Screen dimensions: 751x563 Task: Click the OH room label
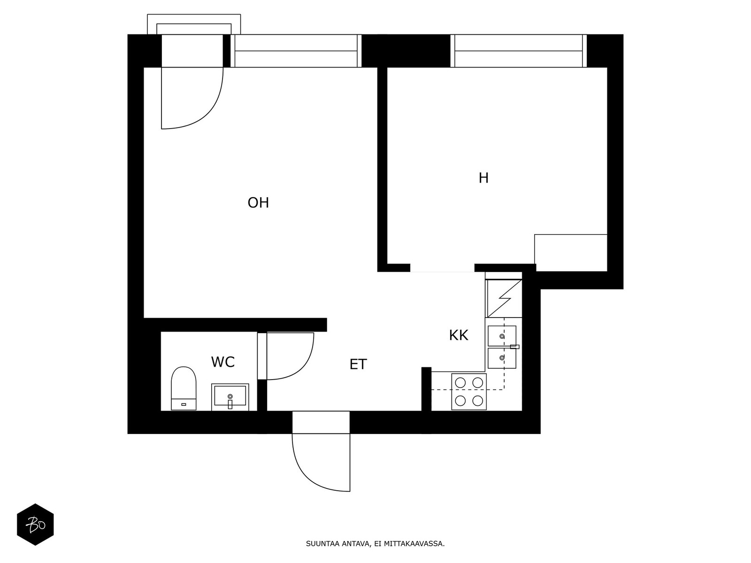point(258,203)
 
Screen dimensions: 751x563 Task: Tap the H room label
point(483,178)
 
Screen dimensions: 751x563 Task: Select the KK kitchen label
point(459,335)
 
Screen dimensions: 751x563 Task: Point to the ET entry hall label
point(358,365)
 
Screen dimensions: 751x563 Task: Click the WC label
point(223,362)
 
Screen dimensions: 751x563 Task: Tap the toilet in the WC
point(184,388)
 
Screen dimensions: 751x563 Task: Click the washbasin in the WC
point(230,397)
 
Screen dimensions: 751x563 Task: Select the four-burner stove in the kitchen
point(469,391)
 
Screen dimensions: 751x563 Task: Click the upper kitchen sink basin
point(502,335)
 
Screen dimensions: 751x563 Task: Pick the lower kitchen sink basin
point(502,358)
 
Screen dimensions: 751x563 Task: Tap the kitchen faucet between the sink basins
point(514,347)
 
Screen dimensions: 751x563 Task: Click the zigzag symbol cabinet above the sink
point(504,298)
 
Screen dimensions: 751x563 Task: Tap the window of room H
point(519,51)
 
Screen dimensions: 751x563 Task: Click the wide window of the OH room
point(296,51)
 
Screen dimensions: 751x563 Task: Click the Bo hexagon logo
point(35,525)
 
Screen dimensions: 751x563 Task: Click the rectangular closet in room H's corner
point(571,252)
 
